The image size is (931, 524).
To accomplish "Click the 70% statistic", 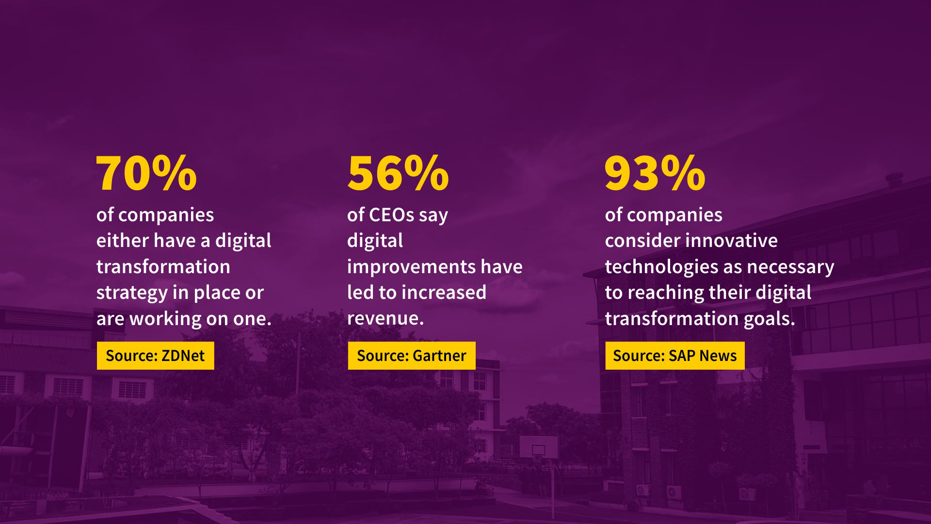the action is [x=146, y=173].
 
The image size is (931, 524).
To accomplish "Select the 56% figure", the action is [x=398, y=173].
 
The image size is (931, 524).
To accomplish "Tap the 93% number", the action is [x=655, y=173].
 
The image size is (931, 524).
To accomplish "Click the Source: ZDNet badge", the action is [x=155, y=356].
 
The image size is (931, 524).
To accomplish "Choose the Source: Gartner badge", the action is [x=412, y=356].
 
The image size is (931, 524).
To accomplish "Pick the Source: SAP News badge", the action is [x=675, y=356].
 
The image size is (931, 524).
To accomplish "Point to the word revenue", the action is [x=385, y=319].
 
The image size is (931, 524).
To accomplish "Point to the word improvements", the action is [x=411, y=267].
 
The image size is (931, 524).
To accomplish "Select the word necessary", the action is [x=790, y=267].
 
